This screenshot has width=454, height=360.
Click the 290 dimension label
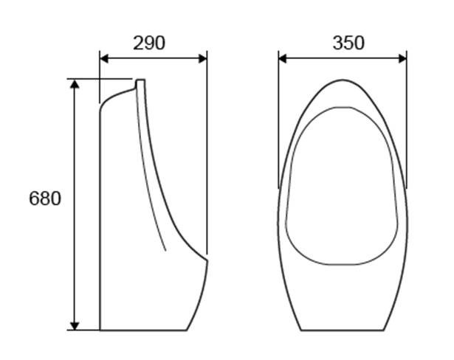(149, 43)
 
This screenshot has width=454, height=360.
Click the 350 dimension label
(348, 43)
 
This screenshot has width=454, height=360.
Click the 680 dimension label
(45, 198)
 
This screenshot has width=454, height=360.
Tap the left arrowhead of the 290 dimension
(104, 58)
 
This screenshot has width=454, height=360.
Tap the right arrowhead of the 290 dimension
(203, 58)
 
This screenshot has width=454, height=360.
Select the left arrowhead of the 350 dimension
(282, 58)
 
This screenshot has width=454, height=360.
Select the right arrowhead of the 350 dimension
(403, 58)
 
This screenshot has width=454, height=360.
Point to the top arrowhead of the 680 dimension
(75, 83)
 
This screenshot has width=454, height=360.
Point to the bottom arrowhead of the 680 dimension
(75, 325)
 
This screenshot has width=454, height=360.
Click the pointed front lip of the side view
(207, 260)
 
